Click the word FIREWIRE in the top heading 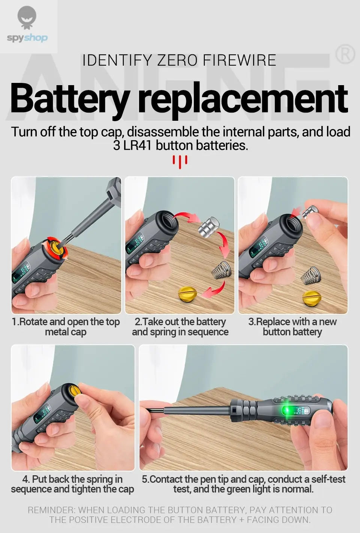coord(240,60)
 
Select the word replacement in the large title coord(243,98)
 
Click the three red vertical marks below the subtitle coord(180,162)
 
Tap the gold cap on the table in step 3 coord(312,298)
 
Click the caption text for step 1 coord(66,327)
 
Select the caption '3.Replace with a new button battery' coord(292,327)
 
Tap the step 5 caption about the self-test coord(243,484)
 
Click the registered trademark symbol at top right coord(344,55)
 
